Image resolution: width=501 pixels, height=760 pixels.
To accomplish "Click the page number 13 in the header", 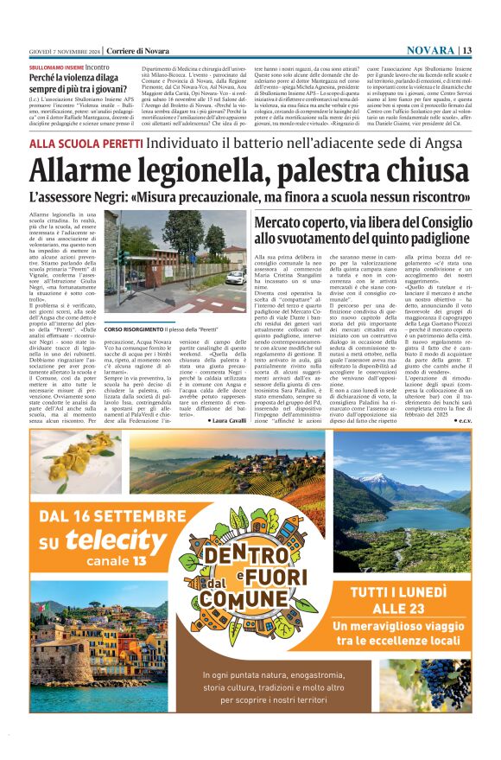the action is (x=466, y=50).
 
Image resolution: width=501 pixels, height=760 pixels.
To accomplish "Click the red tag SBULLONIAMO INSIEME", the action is (x=56, y=67).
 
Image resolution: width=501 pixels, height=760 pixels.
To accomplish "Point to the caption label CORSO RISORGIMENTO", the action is (x=130, y=329).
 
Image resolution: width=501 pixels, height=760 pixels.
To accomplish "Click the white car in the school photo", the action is (x=235, y=278).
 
